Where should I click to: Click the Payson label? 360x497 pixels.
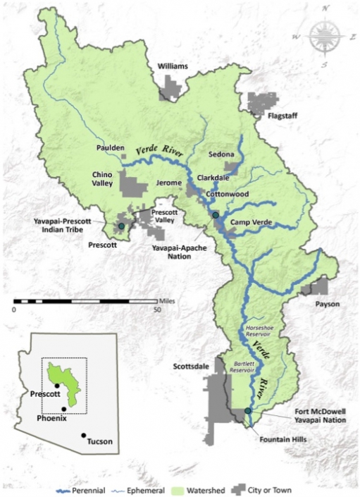328,304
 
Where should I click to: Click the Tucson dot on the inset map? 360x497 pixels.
85,436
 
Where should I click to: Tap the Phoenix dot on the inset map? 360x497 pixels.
64,410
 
